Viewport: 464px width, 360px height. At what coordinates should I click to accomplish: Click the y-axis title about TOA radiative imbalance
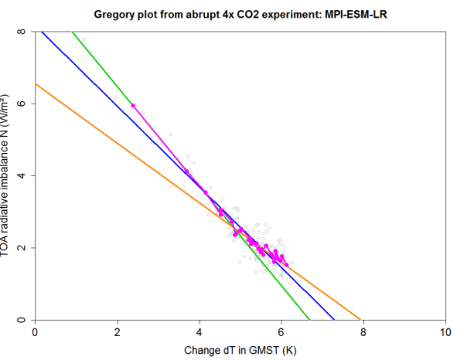[9, 176]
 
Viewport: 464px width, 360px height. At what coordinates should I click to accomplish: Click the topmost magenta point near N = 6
[133, 105]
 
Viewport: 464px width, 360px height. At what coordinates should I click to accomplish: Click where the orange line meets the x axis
[360, 319]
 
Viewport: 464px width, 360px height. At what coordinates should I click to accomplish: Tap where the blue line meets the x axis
[334, 319]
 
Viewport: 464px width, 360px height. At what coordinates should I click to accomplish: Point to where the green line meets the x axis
[309, 319]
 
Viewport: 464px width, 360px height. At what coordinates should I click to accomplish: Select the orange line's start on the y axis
[36, 84]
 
